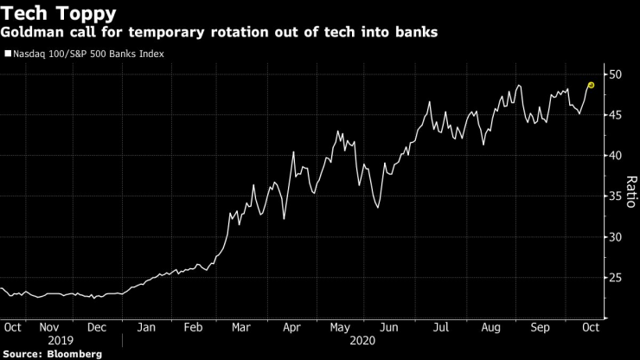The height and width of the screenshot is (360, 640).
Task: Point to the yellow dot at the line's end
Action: coord(591,85)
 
